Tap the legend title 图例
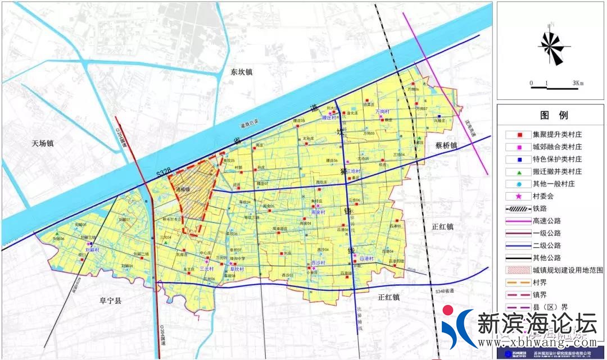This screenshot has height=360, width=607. [554, 115]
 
